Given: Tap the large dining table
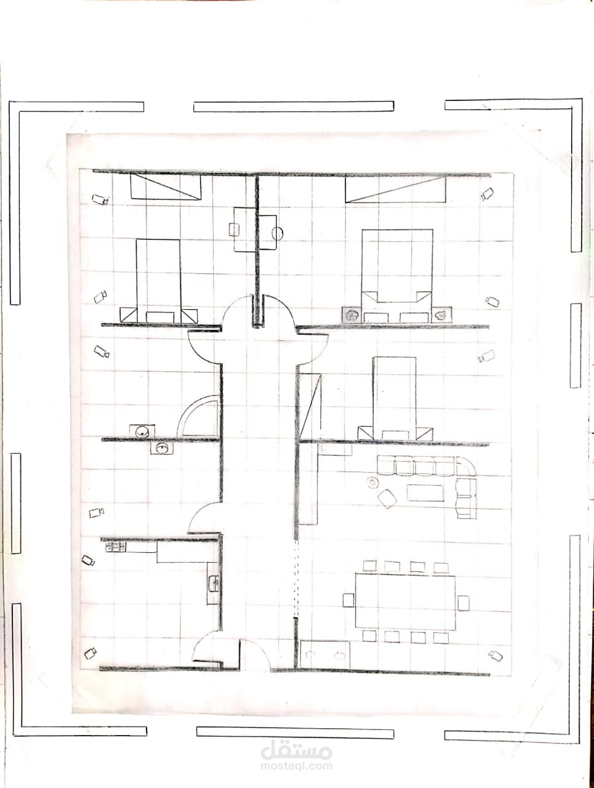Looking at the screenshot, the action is [405, 601].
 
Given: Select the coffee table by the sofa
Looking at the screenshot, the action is [425, 492].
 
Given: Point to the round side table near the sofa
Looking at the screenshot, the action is [372, 482].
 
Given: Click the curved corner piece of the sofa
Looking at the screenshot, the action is [467, 467].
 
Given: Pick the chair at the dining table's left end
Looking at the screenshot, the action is [348, 600].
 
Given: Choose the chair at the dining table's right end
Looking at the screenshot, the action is [463, 603].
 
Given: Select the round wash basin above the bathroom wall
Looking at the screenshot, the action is [142, 431].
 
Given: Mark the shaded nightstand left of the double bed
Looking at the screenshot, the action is [351, 315].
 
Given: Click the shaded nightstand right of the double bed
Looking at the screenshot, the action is [442, 315].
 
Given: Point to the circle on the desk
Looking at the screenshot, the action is [278, 234].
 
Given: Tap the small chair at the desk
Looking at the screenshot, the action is [234, 230].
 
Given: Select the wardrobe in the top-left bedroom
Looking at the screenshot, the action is [166, 187].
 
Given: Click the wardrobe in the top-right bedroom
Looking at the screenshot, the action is [396, 190].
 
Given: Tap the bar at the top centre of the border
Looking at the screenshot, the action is [294, 107].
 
